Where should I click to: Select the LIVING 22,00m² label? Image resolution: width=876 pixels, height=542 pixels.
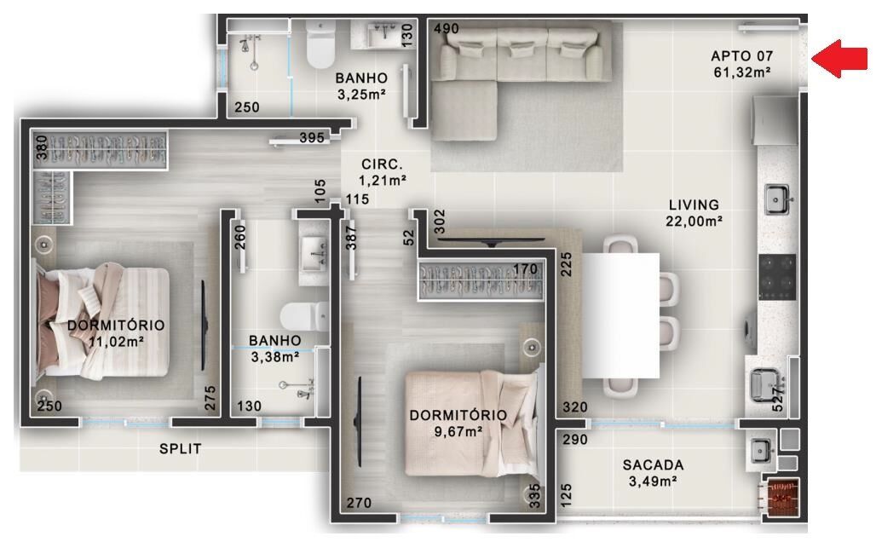[x=694, y=212]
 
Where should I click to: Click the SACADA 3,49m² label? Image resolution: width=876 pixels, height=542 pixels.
[x=653, y=473]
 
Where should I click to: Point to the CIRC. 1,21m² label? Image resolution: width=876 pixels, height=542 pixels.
[x=381, y=172]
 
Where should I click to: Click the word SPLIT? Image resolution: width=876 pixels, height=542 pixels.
[x=180, y=448]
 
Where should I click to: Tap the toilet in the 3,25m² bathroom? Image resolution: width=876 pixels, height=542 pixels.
[x=320, y=47]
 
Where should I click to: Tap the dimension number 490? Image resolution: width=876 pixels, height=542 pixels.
[x=447, y=29]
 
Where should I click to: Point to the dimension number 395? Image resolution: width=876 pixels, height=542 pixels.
[x=313, y=138]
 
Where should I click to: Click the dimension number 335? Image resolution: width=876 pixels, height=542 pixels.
[x=535, y=496]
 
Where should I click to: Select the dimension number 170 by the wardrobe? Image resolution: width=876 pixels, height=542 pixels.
[x=526, y=270]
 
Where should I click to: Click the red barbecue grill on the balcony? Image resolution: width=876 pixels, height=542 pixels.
[x=782, y=497]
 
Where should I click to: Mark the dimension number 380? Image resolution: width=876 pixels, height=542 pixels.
[x=40, y=150]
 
